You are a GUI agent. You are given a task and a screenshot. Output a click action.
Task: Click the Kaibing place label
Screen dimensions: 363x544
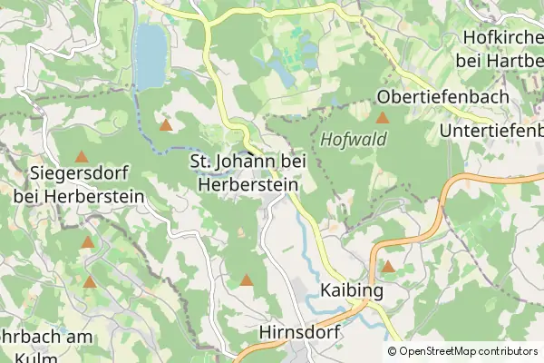coord(351,291)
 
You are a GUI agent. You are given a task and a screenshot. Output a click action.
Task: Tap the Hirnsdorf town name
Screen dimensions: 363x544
coord(299,333)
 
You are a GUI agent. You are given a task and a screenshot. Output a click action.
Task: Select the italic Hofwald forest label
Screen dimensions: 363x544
coord(354,140)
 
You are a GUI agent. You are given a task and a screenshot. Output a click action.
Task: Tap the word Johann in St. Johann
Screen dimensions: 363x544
coord(248,161)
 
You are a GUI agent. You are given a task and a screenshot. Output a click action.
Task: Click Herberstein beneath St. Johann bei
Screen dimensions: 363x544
coord(248,183)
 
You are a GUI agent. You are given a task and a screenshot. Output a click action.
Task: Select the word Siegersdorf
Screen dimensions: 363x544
coord(81,172)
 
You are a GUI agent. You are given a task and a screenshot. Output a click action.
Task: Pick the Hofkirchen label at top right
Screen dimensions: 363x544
coord(502,37)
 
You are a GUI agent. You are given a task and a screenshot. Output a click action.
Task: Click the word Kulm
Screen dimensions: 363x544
coord(36,357)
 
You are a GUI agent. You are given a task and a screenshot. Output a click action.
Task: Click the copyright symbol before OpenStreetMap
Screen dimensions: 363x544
coord(392,351)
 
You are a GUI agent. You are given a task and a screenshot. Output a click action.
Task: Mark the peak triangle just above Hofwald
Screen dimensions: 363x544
coord(383,118)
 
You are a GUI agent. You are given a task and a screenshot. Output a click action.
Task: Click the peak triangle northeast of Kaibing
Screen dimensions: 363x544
coord(388,266)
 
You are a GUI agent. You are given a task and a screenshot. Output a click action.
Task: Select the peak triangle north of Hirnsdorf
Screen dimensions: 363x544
coord(247,280)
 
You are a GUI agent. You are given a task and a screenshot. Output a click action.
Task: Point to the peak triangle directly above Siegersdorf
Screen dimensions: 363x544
coord(82,156)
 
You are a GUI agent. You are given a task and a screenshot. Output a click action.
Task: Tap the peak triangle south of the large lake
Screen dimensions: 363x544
coord(165,124)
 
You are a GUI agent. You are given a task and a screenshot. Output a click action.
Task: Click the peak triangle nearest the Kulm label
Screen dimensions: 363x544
coord(90,282)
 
